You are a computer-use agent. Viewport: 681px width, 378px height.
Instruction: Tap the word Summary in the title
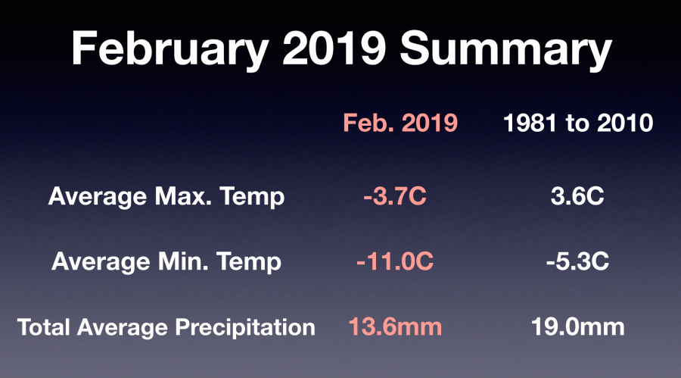506,49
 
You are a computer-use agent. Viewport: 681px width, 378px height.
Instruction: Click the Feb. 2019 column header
400,123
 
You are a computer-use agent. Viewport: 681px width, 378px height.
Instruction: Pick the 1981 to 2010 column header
578,123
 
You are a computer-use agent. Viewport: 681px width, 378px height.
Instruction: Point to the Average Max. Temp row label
166,197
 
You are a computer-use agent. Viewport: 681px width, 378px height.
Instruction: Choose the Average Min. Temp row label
166,262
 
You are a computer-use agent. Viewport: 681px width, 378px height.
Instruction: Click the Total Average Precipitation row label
166,327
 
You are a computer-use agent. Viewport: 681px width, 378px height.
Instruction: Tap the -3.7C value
395,196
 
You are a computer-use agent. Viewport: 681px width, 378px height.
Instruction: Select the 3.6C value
577,196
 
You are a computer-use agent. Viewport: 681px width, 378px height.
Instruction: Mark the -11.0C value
395,261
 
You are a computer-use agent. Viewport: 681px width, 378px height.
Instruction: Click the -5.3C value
577,261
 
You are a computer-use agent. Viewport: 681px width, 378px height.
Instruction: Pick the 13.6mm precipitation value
395,326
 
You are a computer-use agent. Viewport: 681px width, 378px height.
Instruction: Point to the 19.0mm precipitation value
577,326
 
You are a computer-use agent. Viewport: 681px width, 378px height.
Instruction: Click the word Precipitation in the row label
245,327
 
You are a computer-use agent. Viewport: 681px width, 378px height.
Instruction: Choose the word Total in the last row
43,326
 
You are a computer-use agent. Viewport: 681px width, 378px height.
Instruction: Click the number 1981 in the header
530,123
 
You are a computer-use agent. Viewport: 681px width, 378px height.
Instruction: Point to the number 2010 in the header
625,123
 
